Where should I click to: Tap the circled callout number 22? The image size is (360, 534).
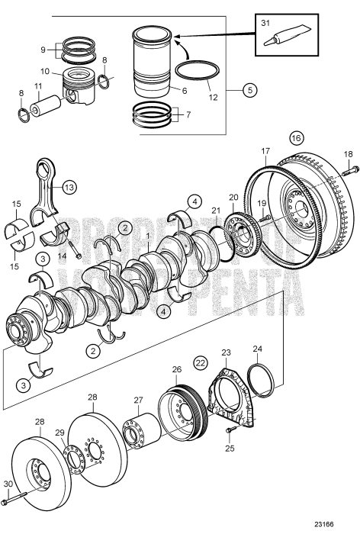tap(200, 362)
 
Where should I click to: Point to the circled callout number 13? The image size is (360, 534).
tap(69, 187)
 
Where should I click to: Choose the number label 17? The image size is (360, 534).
tap(265, 152)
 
